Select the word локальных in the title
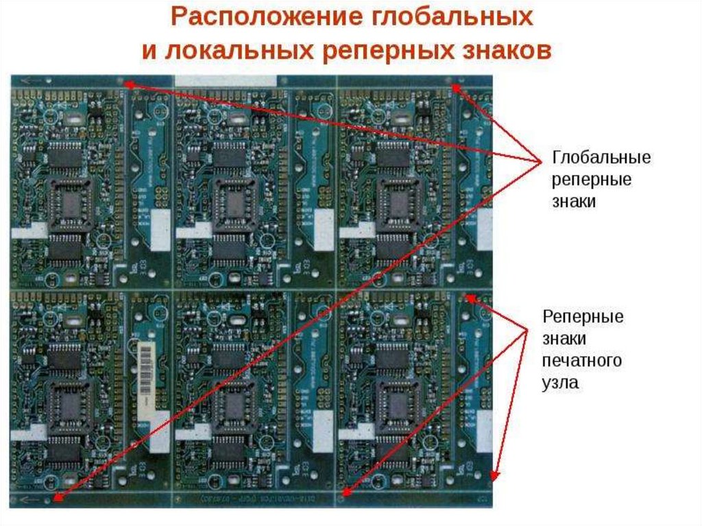click(244, 51)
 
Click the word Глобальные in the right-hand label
click(601, 158)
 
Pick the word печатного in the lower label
click(582, 361)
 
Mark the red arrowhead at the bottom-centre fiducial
click(347, 491)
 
